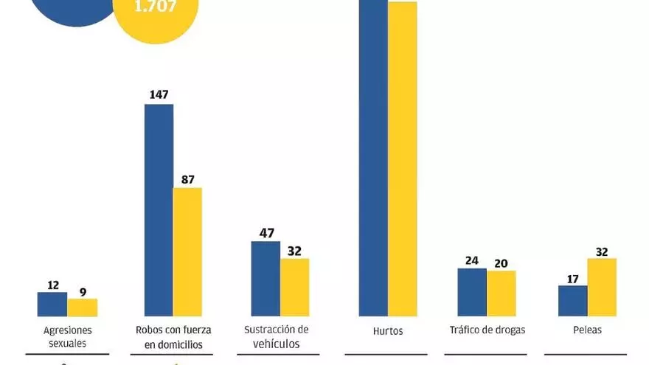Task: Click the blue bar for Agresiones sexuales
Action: tap(52, 305)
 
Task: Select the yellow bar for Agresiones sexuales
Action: tap(82, 307)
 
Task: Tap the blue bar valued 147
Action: tap(159, 210)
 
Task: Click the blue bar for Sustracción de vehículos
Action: tap(265, 279)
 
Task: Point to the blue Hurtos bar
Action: tap(372, 159)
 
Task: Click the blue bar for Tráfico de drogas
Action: tap(472, 292)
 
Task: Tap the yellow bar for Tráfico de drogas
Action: tap(501, 293)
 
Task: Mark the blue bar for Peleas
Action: tap(572, 301)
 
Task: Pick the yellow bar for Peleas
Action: tap(602, 288)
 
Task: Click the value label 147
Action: tap(159, 94)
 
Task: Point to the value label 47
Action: tap(266, 233)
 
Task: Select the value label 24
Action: tap(472, 260)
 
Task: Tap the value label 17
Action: tap(572, 278)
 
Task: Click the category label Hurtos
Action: tap(388, 331)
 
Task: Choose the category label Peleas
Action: tap(587, 330)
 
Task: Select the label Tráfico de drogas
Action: tap(487, 330)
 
